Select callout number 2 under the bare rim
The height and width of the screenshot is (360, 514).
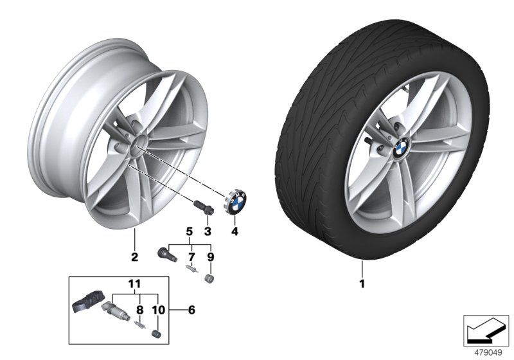134,258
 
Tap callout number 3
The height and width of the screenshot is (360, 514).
208,231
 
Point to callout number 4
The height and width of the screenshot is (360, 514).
235,231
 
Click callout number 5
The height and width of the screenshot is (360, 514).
190,230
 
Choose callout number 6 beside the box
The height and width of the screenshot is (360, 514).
190,309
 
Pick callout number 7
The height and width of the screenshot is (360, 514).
190,258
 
